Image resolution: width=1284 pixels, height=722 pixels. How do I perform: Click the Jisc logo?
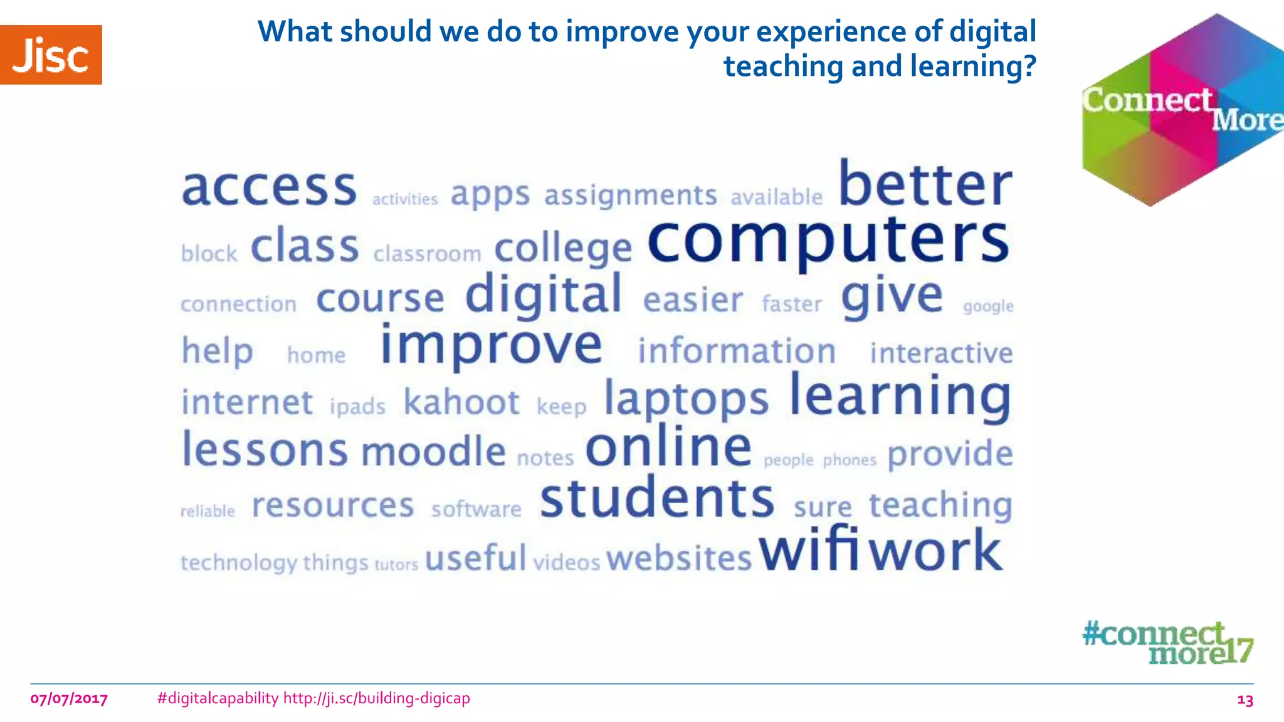[x=51, y=55]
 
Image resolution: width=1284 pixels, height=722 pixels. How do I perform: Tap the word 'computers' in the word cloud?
[x=828, y=241]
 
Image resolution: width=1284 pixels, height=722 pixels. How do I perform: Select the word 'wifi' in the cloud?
[x=809, y=550]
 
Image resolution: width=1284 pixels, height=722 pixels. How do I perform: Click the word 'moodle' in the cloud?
[x=434, y=452]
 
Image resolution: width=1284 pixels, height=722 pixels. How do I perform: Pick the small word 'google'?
[x=988, y=306]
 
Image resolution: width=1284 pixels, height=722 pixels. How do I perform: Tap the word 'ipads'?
[x=357, y=407]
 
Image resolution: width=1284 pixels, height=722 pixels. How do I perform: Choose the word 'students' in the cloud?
[x=657, y=499]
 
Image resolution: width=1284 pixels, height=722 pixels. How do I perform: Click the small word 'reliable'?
[x=208, y=511]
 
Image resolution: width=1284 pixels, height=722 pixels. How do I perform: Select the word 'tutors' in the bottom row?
[x=396, y=565]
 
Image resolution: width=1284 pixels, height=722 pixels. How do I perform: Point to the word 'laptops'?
[x=686, y=400]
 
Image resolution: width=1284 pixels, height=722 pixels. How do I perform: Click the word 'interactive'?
[x=941, y=353]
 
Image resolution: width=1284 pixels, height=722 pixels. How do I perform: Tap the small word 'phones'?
[x=850, y=461]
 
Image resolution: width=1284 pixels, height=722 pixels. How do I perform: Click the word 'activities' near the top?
[x=405, y=199]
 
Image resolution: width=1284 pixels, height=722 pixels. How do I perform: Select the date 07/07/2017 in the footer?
[x=69, y=699]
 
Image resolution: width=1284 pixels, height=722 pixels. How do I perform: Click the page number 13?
[x=1245, y=700]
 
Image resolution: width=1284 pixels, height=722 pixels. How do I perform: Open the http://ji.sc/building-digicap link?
[x=376, y=698]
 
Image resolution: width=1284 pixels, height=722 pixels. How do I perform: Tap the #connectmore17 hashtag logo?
[x=1167, y=642]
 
